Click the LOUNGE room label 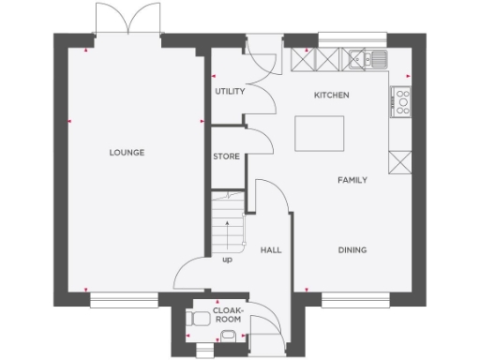tap(127, 152)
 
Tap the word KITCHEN tap(331, 96)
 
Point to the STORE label tap(226, 157)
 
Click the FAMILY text tap(352, 180)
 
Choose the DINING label tap(352, 250)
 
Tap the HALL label tap(271, 250)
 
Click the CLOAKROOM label tap(228, 314)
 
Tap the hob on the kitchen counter tap(401, 100)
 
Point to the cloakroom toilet tap(198, 320)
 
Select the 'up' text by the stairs tap(227, 260)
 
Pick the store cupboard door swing tap(259, 142)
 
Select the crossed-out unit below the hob tap(401, 160)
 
